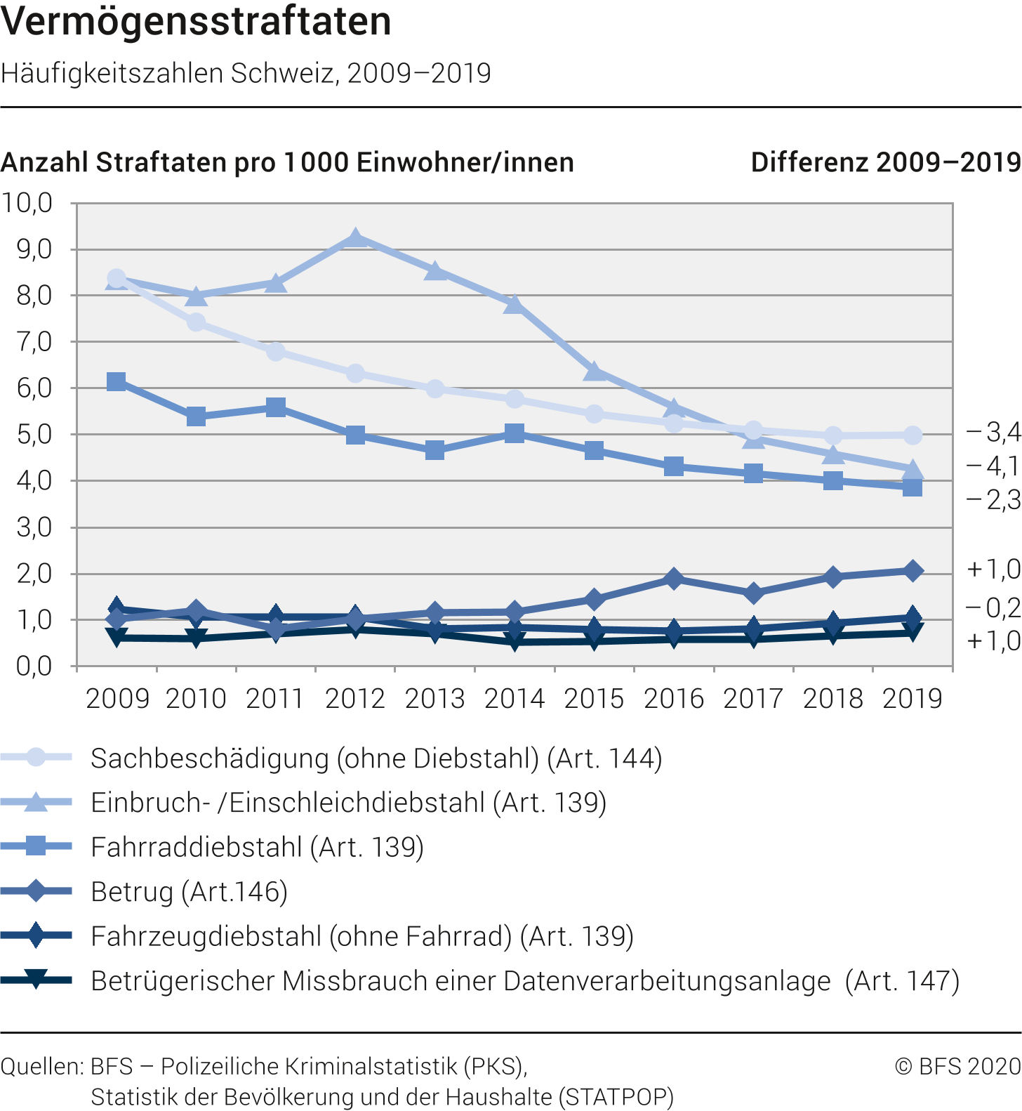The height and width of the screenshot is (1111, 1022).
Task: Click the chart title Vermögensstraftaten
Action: click(196, 21)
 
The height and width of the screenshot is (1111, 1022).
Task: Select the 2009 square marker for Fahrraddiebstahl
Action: click(117, 381)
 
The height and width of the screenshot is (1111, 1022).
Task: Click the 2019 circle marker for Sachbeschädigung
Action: click(912, 435)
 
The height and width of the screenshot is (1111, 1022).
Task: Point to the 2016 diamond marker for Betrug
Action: click(674, 579)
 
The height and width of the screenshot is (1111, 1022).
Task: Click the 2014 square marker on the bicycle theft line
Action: click(515, 433)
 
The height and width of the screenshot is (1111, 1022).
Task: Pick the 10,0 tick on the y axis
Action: click(27, 203)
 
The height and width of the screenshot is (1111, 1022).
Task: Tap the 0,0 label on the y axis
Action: click(34, 666)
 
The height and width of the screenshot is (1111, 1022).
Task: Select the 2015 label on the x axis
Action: click(594, 699)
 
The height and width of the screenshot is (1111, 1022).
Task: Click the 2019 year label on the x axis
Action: click(912, 699)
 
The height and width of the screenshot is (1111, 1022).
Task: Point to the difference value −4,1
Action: click(993, 466)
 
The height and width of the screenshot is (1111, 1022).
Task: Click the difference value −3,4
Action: click(993, 432)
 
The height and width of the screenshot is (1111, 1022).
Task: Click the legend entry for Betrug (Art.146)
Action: click(190, 892)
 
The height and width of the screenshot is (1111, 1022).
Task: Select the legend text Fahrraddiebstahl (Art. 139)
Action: click(257, 847)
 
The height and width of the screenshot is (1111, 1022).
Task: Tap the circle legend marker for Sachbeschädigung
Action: click(36, 757)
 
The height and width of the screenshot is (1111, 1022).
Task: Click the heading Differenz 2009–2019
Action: click(886, 162)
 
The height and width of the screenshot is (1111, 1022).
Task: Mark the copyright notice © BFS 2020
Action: click(958, 1066)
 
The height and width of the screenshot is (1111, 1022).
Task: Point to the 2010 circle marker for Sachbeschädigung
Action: click(196, 322)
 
